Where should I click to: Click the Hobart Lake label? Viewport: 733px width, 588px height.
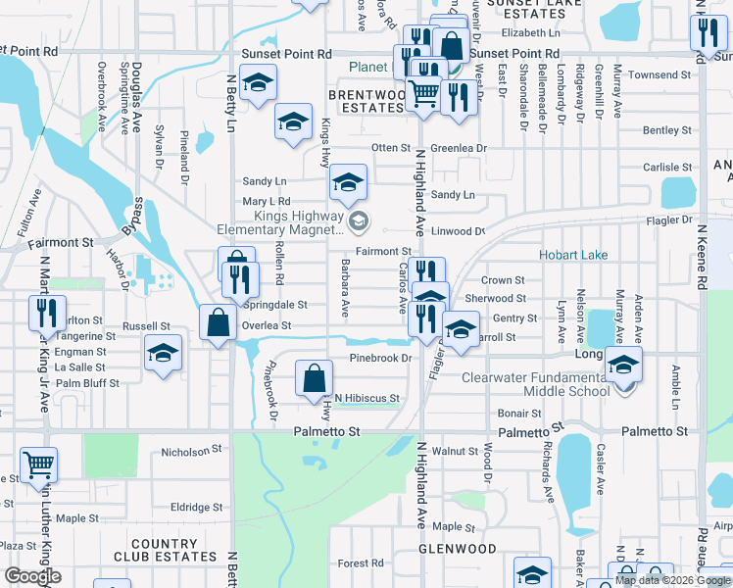573,255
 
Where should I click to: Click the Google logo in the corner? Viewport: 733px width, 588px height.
32,576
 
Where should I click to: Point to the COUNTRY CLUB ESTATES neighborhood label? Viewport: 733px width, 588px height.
171,550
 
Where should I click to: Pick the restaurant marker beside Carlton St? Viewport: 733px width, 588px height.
47,313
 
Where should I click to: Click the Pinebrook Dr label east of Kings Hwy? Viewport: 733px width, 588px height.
380,359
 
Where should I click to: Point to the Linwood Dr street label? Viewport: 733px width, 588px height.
460,231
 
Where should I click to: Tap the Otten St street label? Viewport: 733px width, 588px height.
389,148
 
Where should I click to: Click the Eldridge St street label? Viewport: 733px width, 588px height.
196,507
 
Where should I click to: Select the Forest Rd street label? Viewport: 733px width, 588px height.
361,563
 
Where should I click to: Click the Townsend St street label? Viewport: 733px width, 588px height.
660,74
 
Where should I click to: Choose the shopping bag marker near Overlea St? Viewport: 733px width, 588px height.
218,322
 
